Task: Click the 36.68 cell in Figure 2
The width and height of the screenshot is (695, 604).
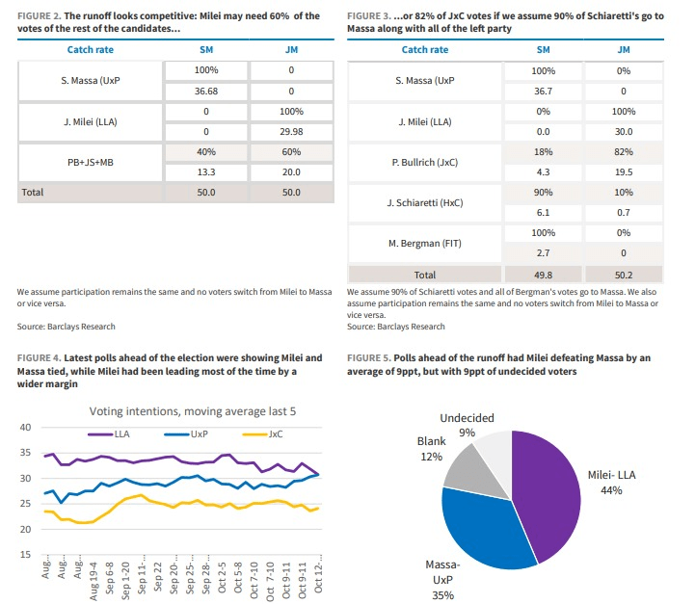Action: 206,92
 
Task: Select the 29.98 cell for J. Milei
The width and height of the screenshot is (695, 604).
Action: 291,132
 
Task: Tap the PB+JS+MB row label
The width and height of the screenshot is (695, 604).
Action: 91,163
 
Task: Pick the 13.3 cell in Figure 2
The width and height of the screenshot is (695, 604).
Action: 206,172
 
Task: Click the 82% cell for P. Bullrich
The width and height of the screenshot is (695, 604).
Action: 624,152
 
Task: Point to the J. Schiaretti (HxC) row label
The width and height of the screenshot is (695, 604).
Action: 425,203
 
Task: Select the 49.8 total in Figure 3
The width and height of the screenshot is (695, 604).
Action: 543,275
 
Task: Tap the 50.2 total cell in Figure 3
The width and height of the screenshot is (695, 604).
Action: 624,275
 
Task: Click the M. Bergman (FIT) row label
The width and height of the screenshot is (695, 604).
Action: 425,244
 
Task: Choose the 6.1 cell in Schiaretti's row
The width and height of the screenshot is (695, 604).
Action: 543,213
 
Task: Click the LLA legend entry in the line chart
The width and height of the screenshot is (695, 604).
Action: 109,433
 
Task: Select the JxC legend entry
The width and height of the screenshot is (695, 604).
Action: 263,433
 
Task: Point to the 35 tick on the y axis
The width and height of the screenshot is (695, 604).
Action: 25,453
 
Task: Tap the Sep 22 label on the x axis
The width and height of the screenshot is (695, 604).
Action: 157,576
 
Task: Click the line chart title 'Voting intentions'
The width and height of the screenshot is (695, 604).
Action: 193,411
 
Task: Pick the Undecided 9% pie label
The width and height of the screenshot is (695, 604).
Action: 467,425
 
